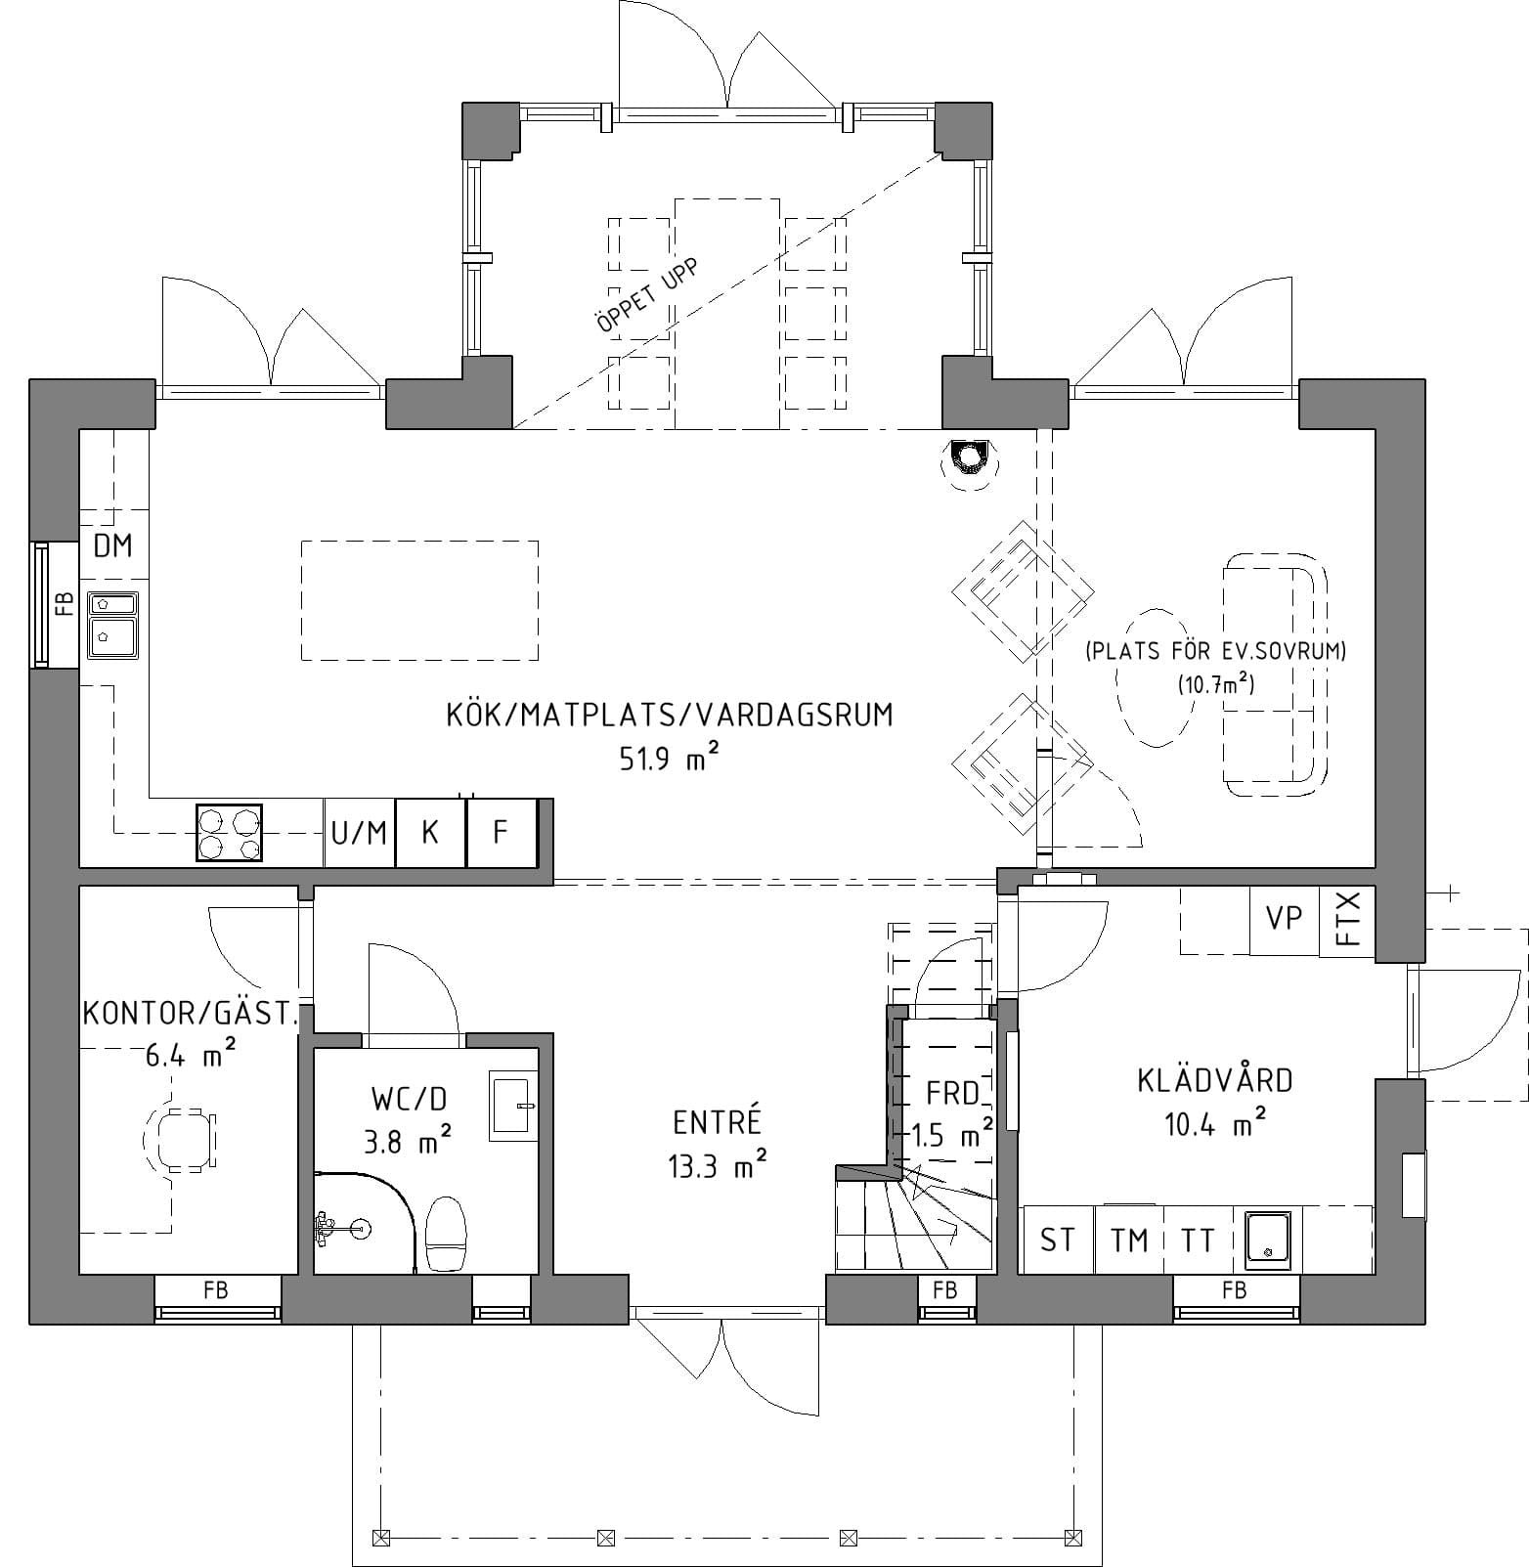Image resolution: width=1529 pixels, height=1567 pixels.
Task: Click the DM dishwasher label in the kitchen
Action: click(112, 545)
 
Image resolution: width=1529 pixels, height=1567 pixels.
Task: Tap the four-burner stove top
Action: click(230, 833)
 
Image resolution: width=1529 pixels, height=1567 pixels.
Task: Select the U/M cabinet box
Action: click(359, 833)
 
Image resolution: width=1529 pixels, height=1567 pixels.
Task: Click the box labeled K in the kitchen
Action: click(430, 833)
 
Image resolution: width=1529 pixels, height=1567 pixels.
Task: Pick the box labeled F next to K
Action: click(501, 833)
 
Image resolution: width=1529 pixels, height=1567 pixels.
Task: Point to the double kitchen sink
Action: click(113, 623)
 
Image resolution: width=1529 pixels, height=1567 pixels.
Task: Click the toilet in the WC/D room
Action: click(447, 1234)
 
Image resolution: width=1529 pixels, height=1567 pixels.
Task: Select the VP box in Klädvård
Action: click(1284, 919)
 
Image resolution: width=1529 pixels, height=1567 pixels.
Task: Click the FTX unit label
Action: click(1348, 920)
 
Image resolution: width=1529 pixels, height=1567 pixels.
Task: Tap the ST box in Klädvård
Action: click(1057, 1241)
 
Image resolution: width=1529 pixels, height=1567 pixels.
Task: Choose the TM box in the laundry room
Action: click(1129, 1241)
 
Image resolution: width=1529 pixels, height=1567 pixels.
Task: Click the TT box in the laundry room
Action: click(1198, 1241)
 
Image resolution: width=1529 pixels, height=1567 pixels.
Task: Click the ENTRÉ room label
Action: click(717, 1123)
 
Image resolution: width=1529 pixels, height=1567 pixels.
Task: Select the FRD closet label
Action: click(953, 1092)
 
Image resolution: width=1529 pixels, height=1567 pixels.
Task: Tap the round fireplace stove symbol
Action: click(969, 457)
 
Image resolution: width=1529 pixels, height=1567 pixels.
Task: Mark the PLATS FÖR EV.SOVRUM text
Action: click(1215, 651)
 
